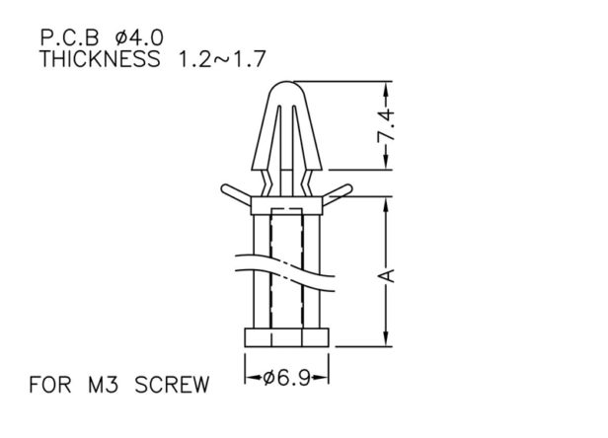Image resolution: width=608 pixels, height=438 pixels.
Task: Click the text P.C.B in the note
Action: tap(70, 38)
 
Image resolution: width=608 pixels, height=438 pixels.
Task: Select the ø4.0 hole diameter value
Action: tap(139, 38)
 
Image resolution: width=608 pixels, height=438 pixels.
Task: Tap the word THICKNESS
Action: tap(100, 59)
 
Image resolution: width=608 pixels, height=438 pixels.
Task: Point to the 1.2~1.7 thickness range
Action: tap(222, 59)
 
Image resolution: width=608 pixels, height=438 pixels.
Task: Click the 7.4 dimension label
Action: tap(386, 125)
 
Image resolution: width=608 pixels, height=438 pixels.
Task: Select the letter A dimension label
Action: tap(386, 275)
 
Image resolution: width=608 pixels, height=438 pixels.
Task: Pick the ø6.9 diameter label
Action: tap(287, 377)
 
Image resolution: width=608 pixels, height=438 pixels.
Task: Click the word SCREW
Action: tap(172, 385)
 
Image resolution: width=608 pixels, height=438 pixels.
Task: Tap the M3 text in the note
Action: tap(103, 385)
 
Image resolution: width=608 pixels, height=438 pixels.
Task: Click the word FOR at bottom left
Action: tap(50, 385)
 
